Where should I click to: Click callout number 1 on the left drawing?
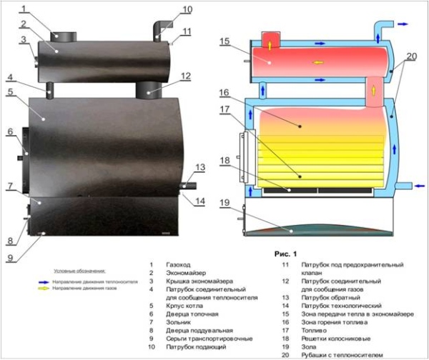(x=23, y=9)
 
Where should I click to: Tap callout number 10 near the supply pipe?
(x=187, y=9)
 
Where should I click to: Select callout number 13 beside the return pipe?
(x=200, y=167)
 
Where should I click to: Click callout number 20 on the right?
(x=410, y=57)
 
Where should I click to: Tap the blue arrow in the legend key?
(x=42, y=281)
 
